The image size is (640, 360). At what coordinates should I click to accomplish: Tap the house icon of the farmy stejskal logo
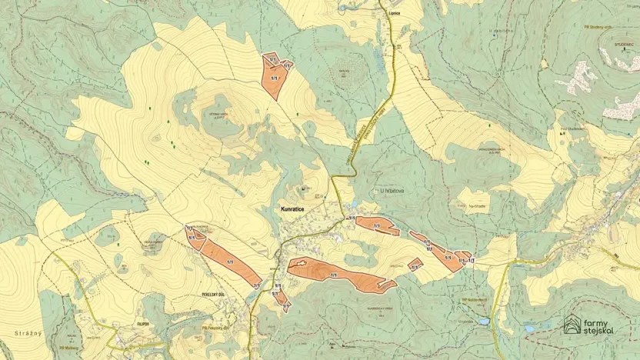point(572,325)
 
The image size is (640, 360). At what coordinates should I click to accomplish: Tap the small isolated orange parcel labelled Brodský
point(415,265)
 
